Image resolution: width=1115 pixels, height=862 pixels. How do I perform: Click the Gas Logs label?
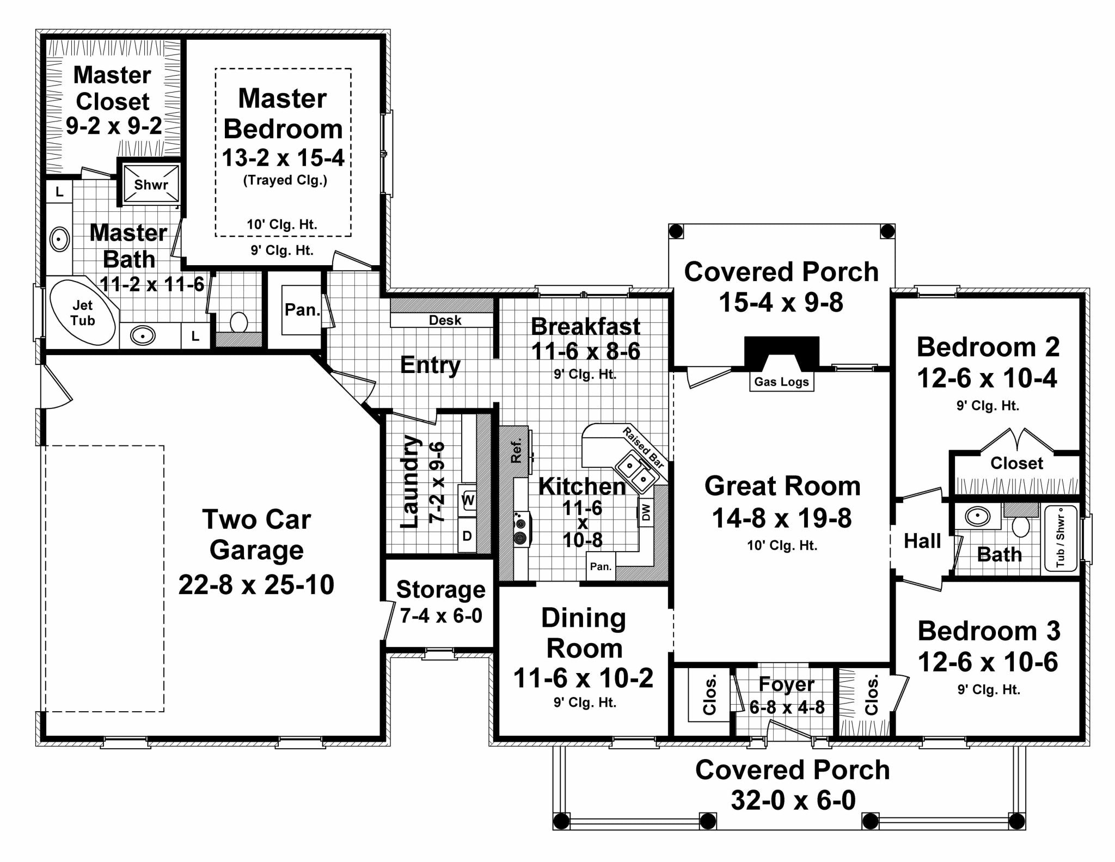click(781, 382)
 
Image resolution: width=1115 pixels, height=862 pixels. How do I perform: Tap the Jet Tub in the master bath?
click(83, 313)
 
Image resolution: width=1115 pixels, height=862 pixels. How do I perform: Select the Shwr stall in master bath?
click(151, 185)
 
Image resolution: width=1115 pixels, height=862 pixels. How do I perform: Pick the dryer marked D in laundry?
click(467, 536)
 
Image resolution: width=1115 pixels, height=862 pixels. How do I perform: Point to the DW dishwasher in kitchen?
click(646, 512)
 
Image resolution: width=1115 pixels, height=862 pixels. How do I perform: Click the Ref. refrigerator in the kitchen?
click(516, 451)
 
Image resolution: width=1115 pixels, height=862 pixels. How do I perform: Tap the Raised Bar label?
click(644, 448)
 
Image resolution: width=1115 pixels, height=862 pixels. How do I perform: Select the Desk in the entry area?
click(445, 320)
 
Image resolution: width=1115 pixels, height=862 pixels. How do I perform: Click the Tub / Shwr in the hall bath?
click(1060, 537)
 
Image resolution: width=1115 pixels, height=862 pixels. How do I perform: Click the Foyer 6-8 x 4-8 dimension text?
click(787, 707)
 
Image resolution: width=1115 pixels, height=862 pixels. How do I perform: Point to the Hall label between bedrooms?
click(922, 541)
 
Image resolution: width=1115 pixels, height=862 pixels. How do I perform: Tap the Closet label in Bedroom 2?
click(1016, 463)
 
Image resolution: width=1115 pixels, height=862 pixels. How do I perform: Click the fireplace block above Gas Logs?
click(781, 351)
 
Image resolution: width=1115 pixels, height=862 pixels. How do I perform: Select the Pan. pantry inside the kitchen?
click(601, 566)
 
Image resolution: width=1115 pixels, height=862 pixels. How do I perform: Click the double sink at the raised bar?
click(635, 473)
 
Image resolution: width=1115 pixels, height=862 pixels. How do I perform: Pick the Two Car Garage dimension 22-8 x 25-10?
click(256, 585)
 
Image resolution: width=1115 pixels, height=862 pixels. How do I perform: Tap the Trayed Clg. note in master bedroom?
click(285, 180)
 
